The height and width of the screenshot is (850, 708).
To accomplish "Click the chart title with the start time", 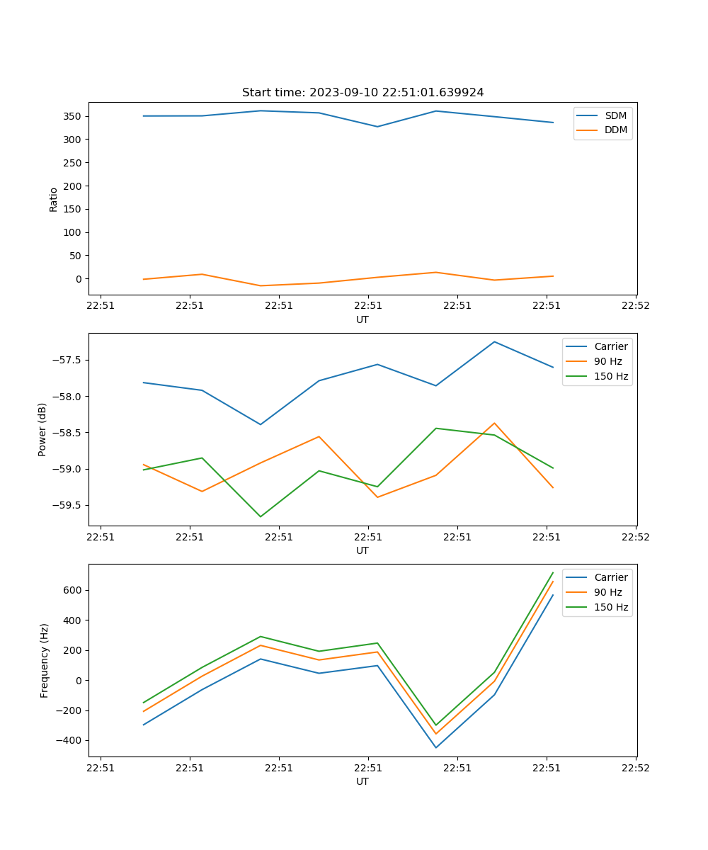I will coord(362,93).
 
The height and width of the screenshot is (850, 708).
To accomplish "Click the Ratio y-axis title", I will coord(53,200).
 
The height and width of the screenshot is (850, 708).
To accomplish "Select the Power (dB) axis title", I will coord(42,429).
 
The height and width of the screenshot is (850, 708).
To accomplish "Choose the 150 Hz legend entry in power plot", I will coord(611,376).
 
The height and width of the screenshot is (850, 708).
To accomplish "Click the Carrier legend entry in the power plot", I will coord(610,346).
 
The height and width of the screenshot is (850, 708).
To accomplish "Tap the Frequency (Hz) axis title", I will coord(45,660).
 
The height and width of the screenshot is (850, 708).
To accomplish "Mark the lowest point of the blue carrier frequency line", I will coord(436,747).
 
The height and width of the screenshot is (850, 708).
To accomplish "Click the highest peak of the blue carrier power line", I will coord(494,342).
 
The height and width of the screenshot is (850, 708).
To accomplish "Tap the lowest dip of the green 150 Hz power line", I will coord(261,516).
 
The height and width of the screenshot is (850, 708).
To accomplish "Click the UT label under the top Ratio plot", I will coord(362,319).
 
